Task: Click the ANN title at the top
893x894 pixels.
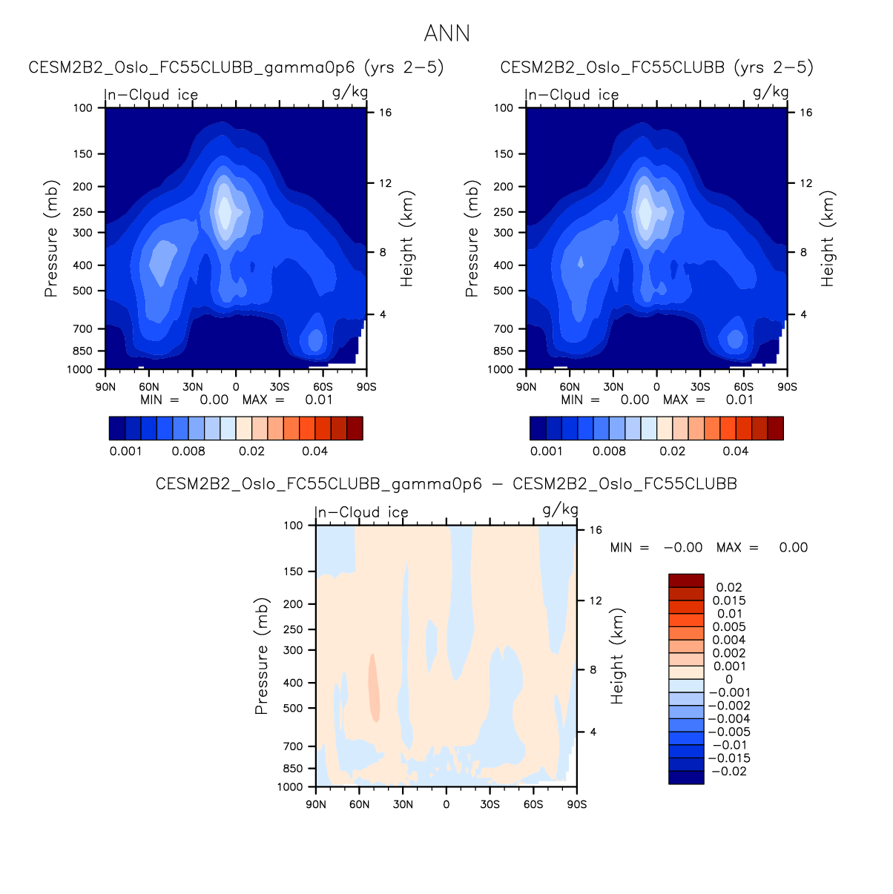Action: tap(446, 33)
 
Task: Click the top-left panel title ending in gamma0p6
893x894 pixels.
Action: tap(236, 67)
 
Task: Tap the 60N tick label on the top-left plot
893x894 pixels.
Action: tap(149, 387)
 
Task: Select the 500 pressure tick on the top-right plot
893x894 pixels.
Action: tap(504, 291)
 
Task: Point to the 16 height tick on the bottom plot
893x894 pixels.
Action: tap(596, 530)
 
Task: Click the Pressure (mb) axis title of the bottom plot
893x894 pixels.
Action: tap(261, 656)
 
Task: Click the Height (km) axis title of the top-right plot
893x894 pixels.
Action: tap(828, 239)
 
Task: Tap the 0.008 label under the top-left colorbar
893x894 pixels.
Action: tap(188, 451)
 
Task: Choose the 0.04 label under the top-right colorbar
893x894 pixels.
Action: tap(736, 451)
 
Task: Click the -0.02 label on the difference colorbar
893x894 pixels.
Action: tap(729, 772)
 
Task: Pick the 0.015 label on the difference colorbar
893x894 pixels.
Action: tap(729, 601)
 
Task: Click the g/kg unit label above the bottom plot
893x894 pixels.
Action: tap(560, 509)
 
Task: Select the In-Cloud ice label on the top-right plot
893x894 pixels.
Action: tap(572, 95)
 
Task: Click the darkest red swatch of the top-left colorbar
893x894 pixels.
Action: tap(355, 428)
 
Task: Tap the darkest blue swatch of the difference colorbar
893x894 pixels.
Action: tap(686, 778)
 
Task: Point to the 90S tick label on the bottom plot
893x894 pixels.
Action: tap(576, 804)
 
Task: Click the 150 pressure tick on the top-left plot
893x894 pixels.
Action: tap(83, 154)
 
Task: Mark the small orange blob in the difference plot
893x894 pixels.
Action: tap(374, 688)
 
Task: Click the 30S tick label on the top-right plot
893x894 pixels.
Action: tap(700, 387)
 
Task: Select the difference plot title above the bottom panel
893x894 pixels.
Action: tap(446, 484)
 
